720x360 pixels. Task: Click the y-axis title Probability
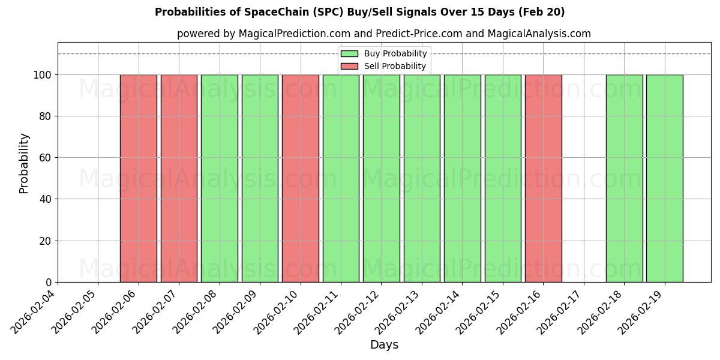click(24, 163)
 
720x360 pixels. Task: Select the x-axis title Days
click(384, 345)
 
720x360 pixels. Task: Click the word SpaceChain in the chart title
click(273, 12)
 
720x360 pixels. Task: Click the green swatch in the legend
click(349, 54)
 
